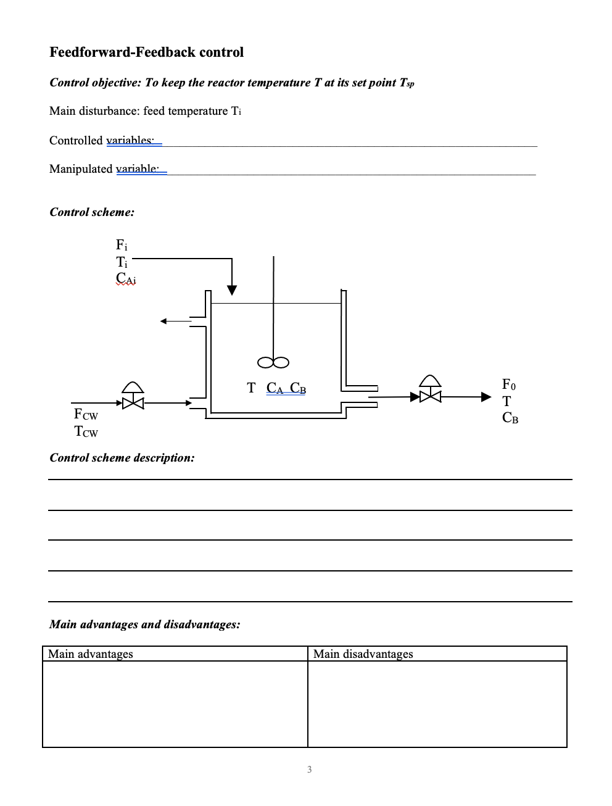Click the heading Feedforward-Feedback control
tap(146, 52)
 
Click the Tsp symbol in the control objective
tap(406, 83)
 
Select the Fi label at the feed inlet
tap(122, 244)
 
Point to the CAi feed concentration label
tap(126, 278)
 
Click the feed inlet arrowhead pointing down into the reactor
tap(231, 290)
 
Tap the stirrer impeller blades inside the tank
tap(273, 362)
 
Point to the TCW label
tap(86, 432)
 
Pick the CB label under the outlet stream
tap(510, 418)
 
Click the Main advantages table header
tap(91, 654)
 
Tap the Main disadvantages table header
tap(363, 654)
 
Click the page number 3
tap(309, 770)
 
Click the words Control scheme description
tap(122, 458)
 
